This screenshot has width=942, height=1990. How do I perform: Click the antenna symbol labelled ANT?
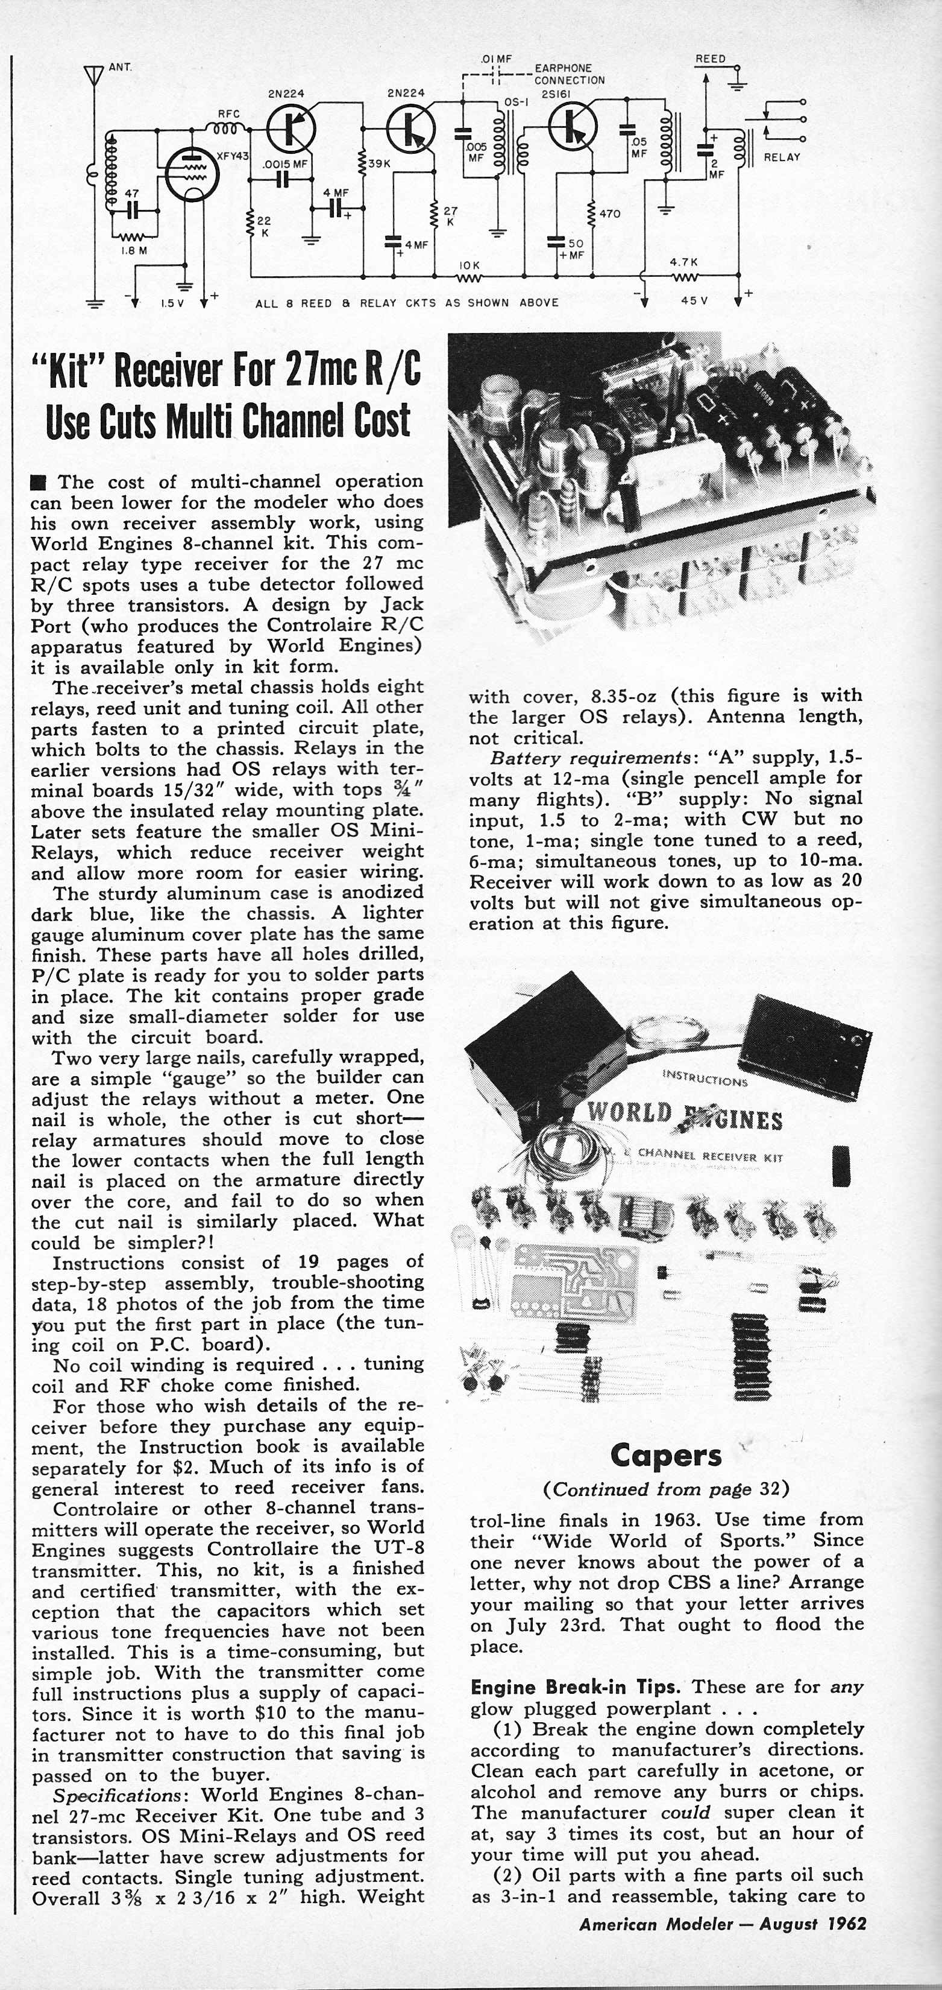(93, 74)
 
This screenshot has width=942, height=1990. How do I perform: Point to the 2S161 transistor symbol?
(571, 127)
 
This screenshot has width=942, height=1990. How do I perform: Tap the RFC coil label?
(228, 113)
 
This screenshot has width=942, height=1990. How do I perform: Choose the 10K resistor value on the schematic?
(469, 265)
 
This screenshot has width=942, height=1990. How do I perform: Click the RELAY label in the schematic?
(782, 157)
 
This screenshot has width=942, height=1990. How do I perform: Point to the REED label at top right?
(711, 59)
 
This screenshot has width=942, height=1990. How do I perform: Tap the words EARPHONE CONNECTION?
(569, 74)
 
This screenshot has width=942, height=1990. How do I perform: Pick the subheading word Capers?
(665, 1456)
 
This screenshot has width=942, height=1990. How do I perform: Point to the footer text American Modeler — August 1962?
(722, 1923)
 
